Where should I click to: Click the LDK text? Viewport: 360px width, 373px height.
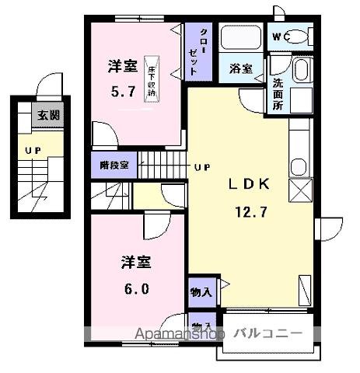point(249,185)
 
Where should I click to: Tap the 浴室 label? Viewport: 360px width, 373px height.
point(240,68)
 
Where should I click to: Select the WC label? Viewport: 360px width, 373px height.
point(280,37)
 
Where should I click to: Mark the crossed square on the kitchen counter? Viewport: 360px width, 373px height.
point(299,190)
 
